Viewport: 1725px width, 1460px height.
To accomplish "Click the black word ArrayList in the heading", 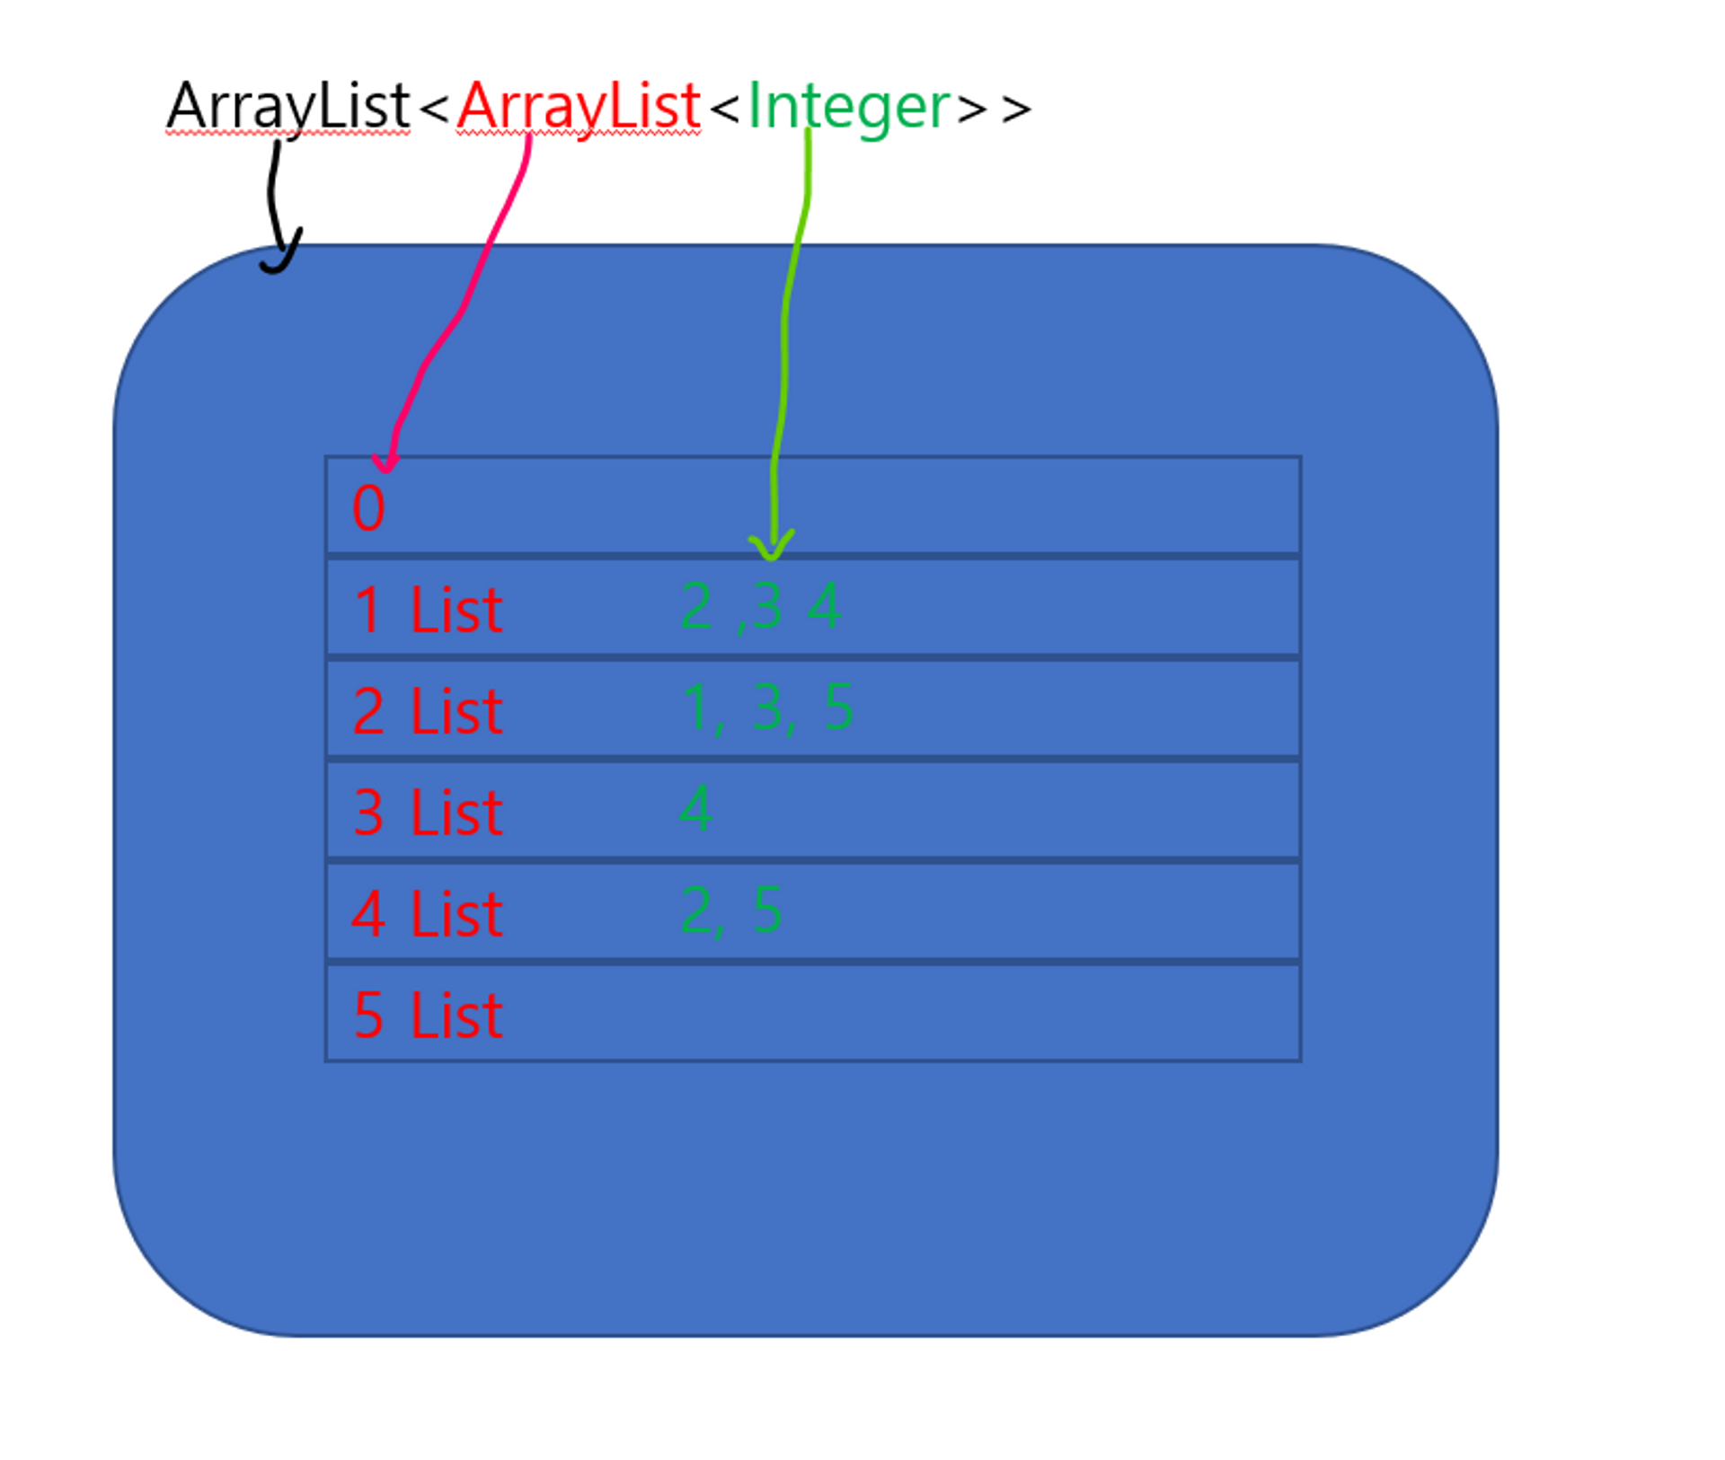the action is click(288, 107).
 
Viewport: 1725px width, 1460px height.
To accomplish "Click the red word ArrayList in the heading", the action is click(578, 107).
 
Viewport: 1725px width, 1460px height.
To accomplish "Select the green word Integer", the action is click(848, 107).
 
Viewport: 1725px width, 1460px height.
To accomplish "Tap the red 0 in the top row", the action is click(368, 508).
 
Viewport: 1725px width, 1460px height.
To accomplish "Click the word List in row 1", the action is click(456, 610).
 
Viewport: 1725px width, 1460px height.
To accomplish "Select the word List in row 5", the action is click(456, 1016).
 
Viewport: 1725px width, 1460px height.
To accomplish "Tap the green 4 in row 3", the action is click(695, 807).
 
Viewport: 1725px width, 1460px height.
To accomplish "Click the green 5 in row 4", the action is click(766, 910).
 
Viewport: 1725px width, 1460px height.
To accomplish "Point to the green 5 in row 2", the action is click(838, 707).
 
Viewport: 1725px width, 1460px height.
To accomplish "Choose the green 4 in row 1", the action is click(824, 605).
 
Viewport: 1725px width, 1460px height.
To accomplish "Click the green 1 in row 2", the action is click(695, 707).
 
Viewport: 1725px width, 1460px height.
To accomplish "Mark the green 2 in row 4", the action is click(696, 910).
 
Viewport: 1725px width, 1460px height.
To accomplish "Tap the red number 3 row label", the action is click(368, 813).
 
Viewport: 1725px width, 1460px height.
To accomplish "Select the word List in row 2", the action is click(456, 711).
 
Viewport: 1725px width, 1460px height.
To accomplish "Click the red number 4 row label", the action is click(368, 914).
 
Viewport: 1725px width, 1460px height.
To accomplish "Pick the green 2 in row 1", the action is click(696, 605).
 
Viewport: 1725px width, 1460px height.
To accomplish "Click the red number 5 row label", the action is click(368, 1016).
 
